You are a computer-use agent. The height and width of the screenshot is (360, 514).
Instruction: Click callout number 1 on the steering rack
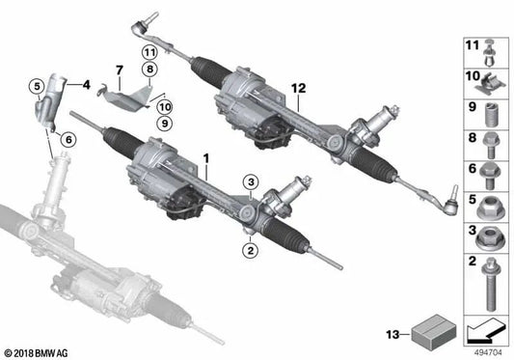[x=203, y=155]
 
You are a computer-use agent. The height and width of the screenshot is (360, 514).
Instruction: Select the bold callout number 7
[x=120, y=69]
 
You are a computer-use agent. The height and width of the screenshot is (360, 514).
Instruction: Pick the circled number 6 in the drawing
[x=67, y=141]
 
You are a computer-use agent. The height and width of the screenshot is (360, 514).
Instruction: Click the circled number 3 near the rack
[x=249, y=181]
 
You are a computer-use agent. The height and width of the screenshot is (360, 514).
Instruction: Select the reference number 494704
[x=488, y=353]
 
